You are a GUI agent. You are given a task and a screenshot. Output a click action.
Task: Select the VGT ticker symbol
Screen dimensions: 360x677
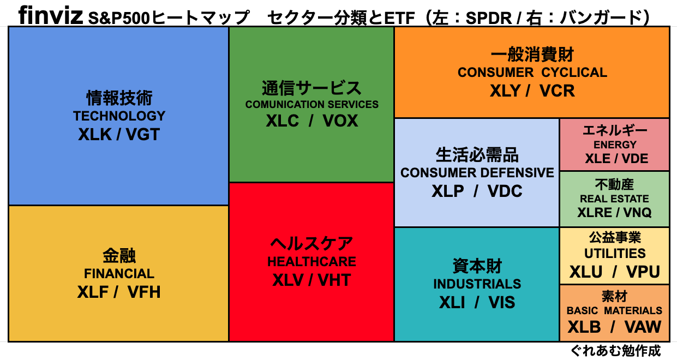pos(143,134)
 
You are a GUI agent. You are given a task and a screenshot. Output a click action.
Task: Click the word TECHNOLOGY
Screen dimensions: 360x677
pos(119,116)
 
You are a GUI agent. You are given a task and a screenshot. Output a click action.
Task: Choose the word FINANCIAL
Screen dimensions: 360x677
pos(119,274)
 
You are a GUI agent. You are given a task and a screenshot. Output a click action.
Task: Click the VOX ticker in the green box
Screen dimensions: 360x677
pos(340,121)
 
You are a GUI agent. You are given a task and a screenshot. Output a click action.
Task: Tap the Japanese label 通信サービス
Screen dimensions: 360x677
pos(311,87)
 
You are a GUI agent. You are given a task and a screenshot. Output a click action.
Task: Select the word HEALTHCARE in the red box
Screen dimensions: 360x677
pos(311,262)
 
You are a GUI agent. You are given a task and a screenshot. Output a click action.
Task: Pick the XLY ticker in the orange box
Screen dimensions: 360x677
pos(505,91)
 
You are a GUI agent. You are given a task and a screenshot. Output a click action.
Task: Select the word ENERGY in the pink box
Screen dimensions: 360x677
pos(615,145)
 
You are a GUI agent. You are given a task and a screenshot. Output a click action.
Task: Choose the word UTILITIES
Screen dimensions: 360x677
pos(615,254)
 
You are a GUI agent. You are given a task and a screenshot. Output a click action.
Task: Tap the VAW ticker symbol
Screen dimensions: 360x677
pos(643,327)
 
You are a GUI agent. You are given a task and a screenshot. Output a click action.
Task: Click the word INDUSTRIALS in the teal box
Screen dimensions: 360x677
pos(477,284)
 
